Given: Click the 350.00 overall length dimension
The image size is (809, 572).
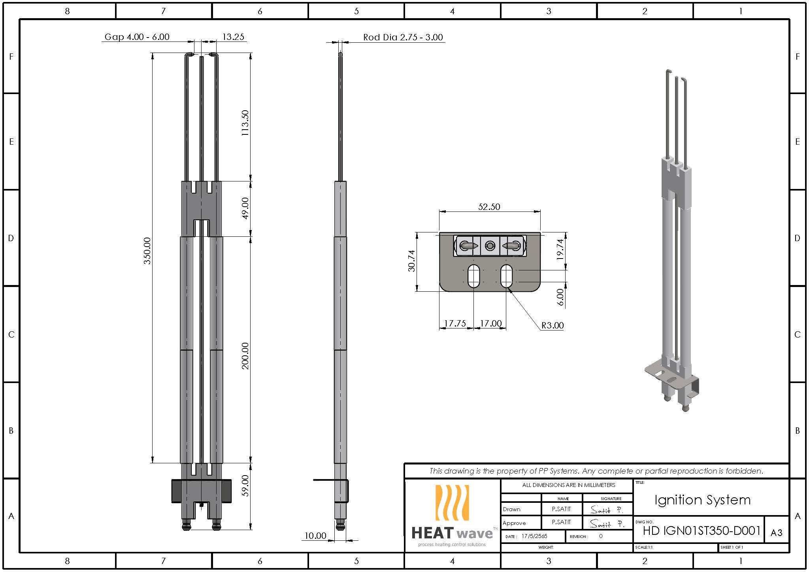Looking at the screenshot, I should click(x=147, y=251).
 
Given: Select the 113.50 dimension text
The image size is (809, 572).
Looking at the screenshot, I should click(x=245, y=123).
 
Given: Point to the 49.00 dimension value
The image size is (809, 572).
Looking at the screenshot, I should click(x=245, y=208).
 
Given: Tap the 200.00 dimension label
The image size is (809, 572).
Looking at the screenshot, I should click(x=245, y=356).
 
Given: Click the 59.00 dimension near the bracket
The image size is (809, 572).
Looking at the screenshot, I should click(x=245, y=485).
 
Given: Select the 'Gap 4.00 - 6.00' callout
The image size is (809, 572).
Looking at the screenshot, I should click(x=137, y=37).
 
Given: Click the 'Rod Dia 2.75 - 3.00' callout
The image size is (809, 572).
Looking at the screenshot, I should click(x=403, y=37).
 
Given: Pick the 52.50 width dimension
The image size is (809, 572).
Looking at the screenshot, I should click(x=489, y=207).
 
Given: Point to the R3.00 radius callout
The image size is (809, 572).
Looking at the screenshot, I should click(x=552, y=325).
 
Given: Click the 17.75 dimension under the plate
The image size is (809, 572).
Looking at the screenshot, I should click(x=455, y=323).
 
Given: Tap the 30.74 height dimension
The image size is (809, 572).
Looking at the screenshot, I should click(x=412, y=261).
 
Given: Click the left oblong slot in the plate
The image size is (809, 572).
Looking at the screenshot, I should click(x=473, y=276).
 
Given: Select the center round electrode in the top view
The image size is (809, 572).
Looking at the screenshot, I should click(x=490, y=246).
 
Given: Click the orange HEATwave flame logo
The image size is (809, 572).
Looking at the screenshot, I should click(x=452, y=502).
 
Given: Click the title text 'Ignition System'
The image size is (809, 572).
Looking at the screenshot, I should click(x=702, y=500).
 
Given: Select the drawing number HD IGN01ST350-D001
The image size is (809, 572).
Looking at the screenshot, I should click(x=702, y=530).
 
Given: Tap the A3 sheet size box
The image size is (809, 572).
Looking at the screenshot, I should click(x=776, y=533).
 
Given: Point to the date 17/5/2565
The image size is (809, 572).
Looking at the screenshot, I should click(x=534, y=536).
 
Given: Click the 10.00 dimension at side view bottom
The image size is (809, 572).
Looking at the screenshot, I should click(x=315, y=536).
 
